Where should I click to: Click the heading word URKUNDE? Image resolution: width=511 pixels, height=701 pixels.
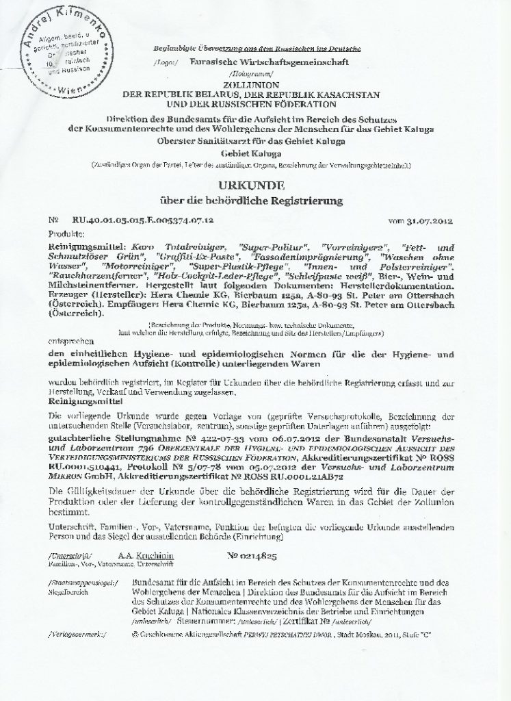[x=256, y=186]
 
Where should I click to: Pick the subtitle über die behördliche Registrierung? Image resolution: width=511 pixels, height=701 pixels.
[x=255, y=201]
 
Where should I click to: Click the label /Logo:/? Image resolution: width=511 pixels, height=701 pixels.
[x=166, y=62]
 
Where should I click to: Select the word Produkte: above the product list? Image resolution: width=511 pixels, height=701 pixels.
[x=65, y=233]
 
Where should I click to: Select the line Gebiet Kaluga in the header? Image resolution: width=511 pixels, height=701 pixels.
[x=254, y=153]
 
